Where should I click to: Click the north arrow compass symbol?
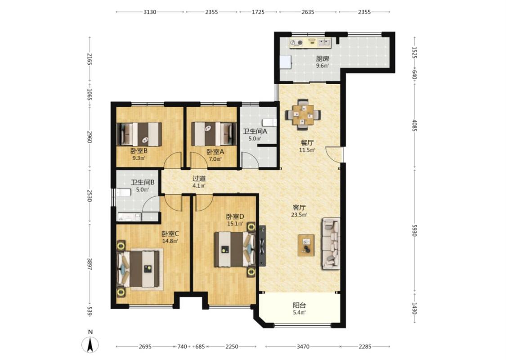point(90,344)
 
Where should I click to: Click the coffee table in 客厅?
point(306,245)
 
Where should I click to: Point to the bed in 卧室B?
point(139,134)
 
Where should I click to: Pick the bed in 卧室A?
point(213,134)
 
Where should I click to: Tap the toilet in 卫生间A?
point(269,122)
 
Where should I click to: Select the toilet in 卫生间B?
point(123,193)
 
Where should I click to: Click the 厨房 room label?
point(322,59)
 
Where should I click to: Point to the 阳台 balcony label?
point(300,305)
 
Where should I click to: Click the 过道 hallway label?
point(199,179)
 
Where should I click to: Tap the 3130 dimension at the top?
point(150,12)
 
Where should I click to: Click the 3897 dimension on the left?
point(90,264)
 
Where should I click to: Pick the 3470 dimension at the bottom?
point(303,346)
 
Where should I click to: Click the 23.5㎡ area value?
point(299,214)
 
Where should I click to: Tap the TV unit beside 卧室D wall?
point(262,246)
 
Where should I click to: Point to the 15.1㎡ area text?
point(235,224)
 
